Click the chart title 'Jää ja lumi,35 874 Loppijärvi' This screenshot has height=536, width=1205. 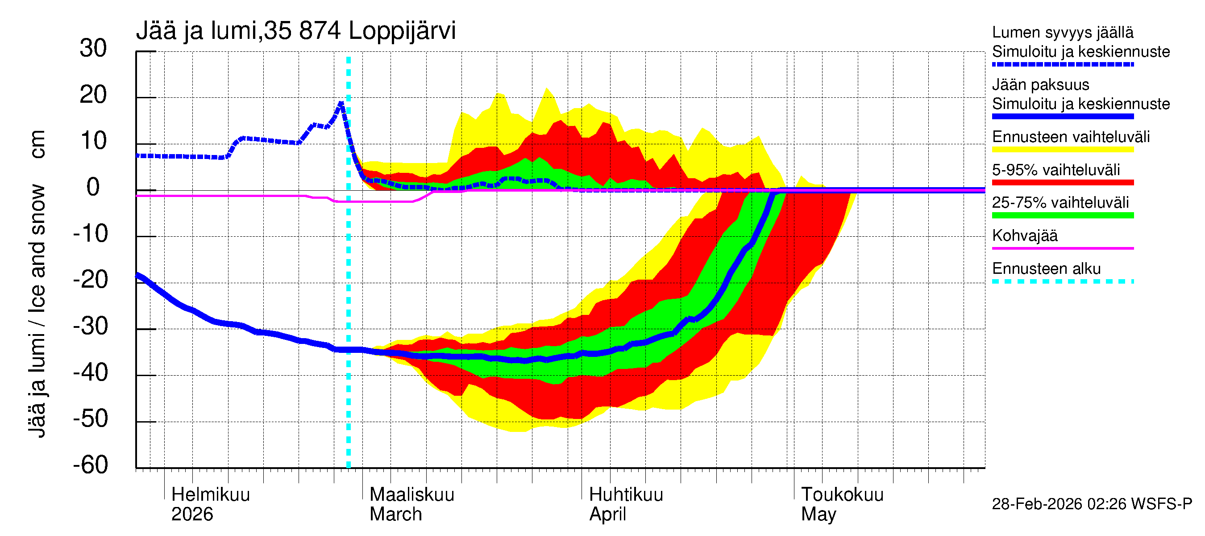point(295,31)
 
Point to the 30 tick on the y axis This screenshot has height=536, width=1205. point(93,49)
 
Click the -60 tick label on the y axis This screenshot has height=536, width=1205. point(90,465)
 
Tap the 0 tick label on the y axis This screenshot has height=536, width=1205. point(93,188)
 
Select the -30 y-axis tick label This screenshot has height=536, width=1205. point(90,326)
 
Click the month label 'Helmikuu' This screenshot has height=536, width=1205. point(211,495)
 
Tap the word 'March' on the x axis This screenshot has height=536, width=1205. point(396,515)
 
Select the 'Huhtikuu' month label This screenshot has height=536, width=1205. point(626,495)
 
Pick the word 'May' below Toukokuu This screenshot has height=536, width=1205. point(818,515)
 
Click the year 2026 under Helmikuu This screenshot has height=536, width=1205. point(192,515)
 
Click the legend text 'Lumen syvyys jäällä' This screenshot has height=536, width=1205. point(1063,33)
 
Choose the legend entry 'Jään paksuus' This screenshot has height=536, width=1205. point(1041,85)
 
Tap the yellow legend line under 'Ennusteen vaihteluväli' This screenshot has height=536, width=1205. point(1063,150)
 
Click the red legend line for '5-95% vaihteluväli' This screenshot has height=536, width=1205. point(1063,183)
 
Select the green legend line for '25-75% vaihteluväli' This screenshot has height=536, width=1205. point(1063,215)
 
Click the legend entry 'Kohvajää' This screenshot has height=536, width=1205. point(1025,235)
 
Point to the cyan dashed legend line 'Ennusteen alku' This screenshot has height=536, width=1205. point(1063,281)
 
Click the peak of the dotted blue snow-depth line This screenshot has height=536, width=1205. point(341,103)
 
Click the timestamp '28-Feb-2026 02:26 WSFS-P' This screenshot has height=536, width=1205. point(1092,504)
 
